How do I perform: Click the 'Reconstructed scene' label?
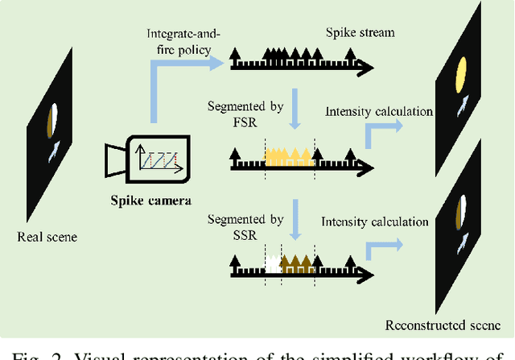point(447,325)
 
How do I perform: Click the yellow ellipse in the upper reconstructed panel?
point(461,75)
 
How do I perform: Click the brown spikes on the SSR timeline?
point(296,263)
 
